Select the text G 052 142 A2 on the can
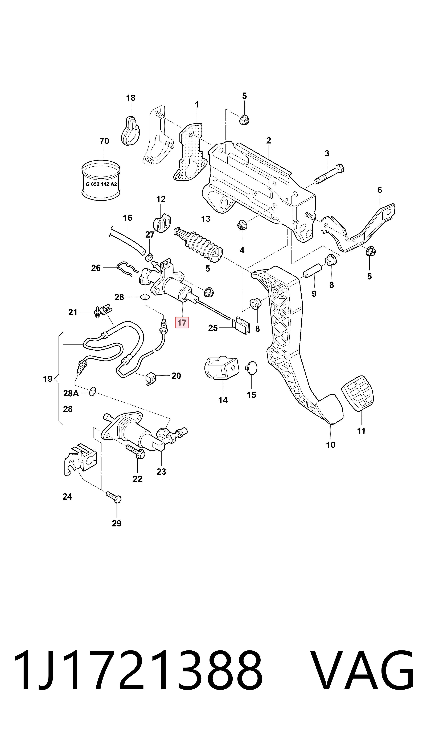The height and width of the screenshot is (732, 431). [x=101, y=184]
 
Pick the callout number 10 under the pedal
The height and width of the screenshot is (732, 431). [x=331, y=445]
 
